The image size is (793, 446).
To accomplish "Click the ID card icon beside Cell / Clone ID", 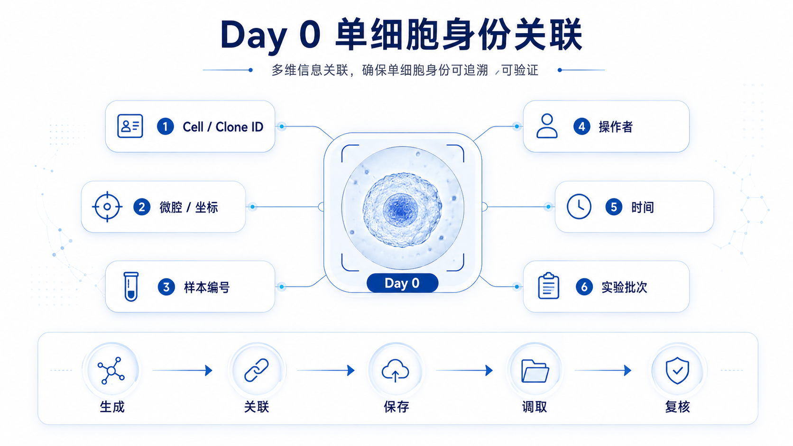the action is (x=130, y=126).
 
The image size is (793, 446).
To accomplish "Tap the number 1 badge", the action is (x=166, y=127).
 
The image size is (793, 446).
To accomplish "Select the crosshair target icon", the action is (x=107, y=207).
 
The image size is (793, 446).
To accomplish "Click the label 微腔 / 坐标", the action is (x=188, y=207).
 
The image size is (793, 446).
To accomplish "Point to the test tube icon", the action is (x=130, y=286).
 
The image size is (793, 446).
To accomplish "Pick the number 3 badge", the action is (x=166, y=287).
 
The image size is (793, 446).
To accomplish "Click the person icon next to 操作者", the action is (x=546, y=126).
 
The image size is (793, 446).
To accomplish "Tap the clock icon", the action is (x=579, y=206).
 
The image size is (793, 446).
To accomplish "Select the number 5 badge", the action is (x=614, y=207).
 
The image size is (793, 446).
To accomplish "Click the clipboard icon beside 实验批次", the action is (x=548, y=286).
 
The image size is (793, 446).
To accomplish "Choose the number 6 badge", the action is (x=584, y=287).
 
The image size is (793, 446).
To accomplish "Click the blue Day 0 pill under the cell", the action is (x=403, y=283).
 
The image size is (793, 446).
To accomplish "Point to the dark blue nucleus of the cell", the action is (x=400, y=210).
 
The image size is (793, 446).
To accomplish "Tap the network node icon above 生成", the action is (x=111, y=371).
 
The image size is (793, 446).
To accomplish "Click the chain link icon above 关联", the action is (x=257, y=370).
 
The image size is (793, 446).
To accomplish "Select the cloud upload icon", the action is (x=396, y=371).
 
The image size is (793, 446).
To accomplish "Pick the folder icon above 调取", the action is (x=535, y=371).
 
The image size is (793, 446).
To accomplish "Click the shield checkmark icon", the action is (x=677, y=371).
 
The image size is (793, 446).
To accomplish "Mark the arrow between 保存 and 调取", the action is (x=464, y=370).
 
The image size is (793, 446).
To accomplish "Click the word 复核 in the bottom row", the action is (x=677, y=407).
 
